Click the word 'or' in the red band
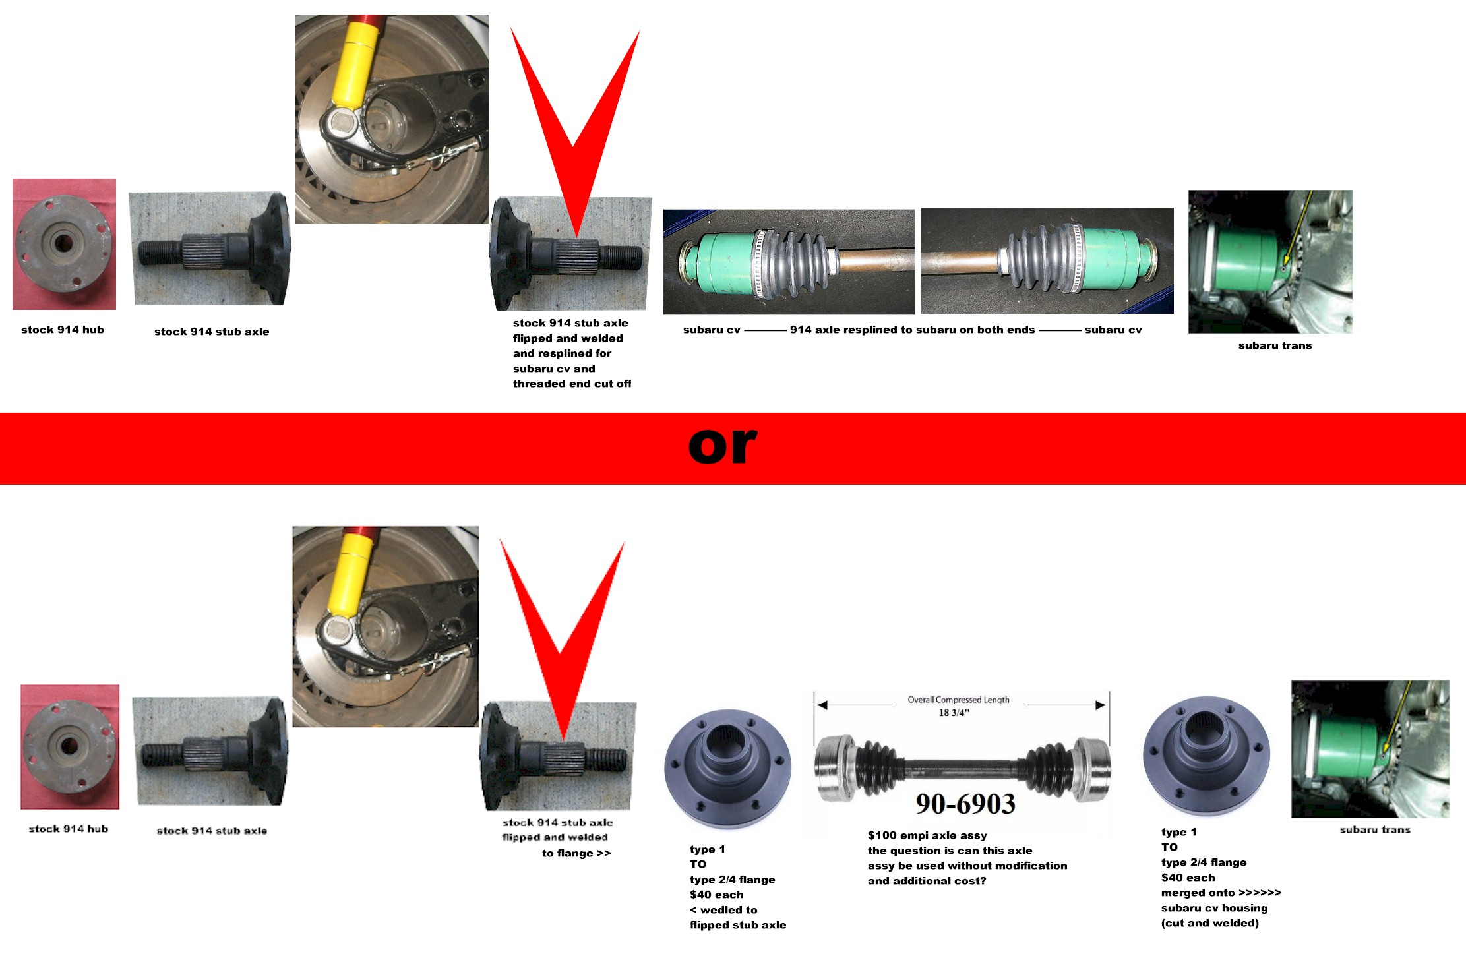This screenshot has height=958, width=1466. (x=723, y=446)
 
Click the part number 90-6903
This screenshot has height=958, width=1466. (x=965, y=804)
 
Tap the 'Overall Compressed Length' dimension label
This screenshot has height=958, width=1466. (x=958, y=700)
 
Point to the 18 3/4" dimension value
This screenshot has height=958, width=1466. (x=954, y=713)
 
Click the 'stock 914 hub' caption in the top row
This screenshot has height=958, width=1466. (x=63, y=330)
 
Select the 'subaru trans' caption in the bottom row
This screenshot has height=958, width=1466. (x=1375, y=830)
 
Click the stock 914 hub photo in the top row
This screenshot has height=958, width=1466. (x=64, y=244)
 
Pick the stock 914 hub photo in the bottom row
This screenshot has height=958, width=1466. (x=70, y=747)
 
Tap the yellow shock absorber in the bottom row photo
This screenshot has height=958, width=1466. (x=353, y=574)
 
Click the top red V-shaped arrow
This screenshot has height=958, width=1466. (x=575, y=132)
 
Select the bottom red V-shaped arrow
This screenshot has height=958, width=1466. (x=562, y=640)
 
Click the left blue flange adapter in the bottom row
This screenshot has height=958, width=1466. (x=728, y=769)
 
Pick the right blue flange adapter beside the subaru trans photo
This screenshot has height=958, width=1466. (x=1207, y=756)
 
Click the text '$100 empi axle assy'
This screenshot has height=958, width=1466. (x=927, y=835)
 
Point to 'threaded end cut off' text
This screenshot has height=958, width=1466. (x=572, y=384)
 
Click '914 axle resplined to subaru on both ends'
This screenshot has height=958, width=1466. (x=912, y=330)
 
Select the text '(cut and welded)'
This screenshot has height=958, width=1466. (x=1210, y=923)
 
